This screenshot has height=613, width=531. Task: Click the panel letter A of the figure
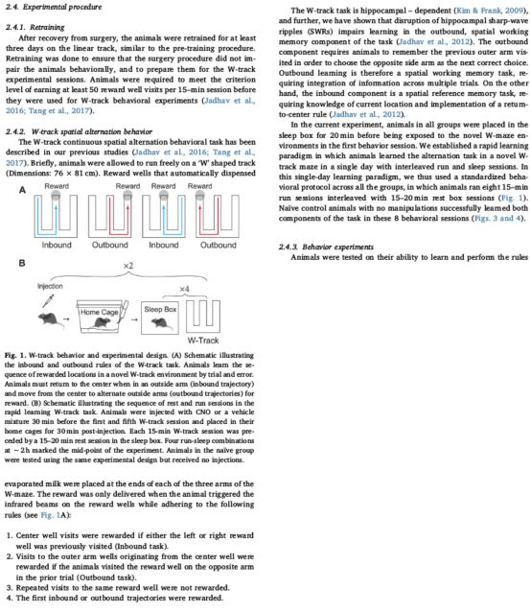click(22, 190)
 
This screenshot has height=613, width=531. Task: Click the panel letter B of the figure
click(22, 263)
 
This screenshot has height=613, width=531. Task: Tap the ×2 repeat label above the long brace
click(128, 266)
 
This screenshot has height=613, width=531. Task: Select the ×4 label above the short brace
click(184, 289)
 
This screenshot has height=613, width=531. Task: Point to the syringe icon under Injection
click(49, 300)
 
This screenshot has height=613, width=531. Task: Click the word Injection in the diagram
click(50, 286)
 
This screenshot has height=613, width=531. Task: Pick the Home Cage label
click(100, 312)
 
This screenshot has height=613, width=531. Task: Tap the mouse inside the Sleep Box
click(160, 323)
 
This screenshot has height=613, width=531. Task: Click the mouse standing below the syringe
click(50, 320)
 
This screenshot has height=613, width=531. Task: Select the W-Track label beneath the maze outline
click(203, 341)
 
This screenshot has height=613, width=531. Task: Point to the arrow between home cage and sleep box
click(134, 319)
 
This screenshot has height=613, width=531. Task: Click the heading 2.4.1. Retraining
click(35, 28)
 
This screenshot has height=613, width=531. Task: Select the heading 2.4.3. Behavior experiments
click(326, 247)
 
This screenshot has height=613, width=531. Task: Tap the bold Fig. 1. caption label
click(15, 355)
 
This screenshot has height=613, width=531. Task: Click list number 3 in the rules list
click(10, 588)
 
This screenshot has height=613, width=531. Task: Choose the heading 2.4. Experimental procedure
click(54, 7)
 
